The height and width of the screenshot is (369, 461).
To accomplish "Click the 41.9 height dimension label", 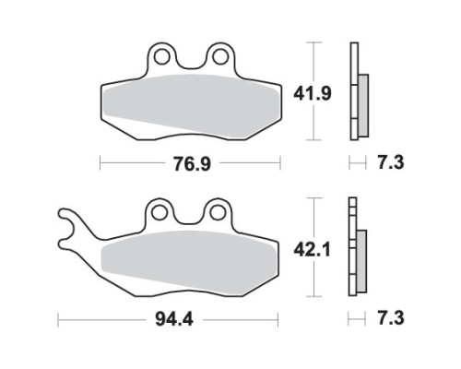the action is click(313, 93).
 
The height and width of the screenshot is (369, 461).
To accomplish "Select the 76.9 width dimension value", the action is click(192, 163).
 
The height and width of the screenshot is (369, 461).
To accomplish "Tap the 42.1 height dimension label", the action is click(312, 250).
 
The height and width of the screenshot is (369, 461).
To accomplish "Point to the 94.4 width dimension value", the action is click(174, 319).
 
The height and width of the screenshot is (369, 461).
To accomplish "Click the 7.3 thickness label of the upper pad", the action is click(390, 162).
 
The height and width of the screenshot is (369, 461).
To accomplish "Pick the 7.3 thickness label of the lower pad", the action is click(390, 318).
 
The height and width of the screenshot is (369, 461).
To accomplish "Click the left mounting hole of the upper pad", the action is click(161, 57).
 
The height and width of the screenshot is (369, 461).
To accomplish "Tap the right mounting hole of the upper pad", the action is click(220, 57).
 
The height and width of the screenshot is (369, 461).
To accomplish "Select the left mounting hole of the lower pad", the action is click(160, 212).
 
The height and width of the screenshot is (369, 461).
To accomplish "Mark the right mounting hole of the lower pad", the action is click(218, 212).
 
